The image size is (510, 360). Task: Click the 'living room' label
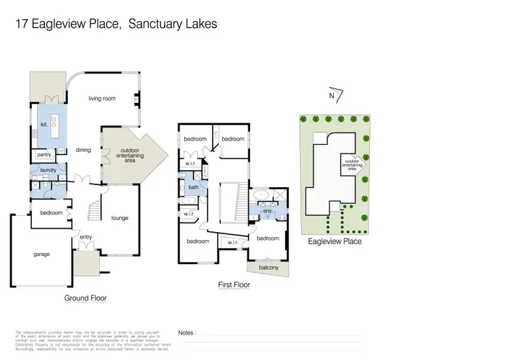[x=102, y=99]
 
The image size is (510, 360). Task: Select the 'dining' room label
[x=84, y=150]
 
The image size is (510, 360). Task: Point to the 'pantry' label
[x=45, y=155]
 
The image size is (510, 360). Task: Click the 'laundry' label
[x=48, y=169]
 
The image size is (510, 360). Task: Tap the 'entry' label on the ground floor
[x=86, y=237]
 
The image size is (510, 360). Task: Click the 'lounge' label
[x=120, y=218]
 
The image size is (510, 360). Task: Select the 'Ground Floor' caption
[x=86, y=298]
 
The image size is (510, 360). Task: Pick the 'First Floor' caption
[x=234, y=285]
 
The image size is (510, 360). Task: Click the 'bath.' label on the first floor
[x=194, y=187]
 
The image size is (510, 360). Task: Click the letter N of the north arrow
[x=331, y=96]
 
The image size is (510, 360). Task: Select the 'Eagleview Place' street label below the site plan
[x=335, y=241]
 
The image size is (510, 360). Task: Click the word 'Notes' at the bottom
[x=186, y=333]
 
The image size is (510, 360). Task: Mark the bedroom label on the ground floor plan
[x=51, y=213]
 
